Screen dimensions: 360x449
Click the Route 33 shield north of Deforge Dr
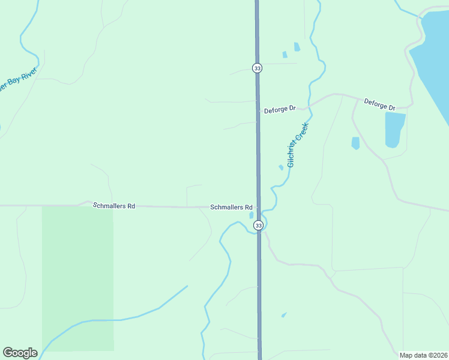257,68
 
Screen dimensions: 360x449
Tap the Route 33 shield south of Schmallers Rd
258,225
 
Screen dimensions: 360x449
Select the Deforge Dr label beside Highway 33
280,109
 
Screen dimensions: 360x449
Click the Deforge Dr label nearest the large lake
379,105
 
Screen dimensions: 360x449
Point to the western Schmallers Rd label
114,206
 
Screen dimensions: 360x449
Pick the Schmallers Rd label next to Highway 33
231,208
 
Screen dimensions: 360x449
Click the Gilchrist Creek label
297,145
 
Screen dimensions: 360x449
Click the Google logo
20,353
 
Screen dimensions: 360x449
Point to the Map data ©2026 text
423,355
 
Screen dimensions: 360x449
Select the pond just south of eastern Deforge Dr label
394,129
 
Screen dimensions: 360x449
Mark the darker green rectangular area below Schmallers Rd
77,276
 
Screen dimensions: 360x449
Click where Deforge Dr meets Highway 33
258,110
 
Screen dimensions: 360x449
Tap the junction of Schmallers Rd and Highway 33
259,208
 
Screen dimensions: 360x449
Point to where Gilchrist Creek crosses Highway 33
259,231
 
